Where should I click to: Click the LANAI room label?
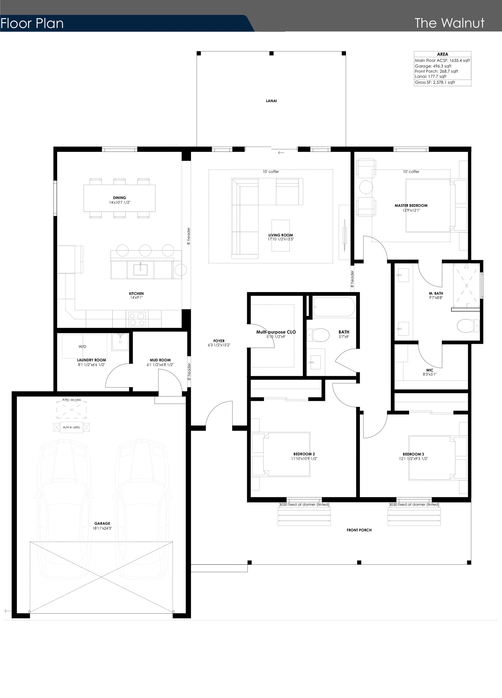tap(271, 101)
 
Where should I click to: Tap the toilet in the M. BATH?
tap(468, 326)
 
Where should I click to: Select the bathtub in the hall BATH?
tap(334, 307)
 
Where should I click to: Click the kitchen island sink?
tap(140, 270)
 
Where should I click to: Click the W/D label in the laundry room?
tap(83, 346)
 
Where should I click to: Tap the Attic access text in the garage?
tap(72, 400)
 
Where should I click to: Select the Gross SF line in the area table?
tap(435, 82)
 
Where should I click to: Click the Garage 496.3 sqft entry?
tap(433, 66)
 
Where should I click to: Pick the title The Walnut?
tap(450, 23)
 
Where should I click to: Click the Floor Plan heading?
tap(32, 24)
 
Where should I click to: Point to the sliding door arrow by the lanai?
tap(281, 153)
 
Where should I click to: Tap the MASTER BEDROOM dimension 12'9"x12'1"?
tap(411, 210)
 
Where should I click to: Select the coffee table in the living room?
tap(281, 236)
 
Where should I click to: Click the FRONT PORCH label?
tap(359, 530)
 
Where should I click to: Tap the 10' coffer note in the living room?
tap(271, 172)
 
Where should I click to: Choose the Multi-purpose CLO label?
tap(276, 332)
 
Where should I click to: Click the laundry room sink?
tap(120, 342)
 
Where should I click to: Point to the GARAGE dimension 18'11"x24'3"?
tap(102, 528)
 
